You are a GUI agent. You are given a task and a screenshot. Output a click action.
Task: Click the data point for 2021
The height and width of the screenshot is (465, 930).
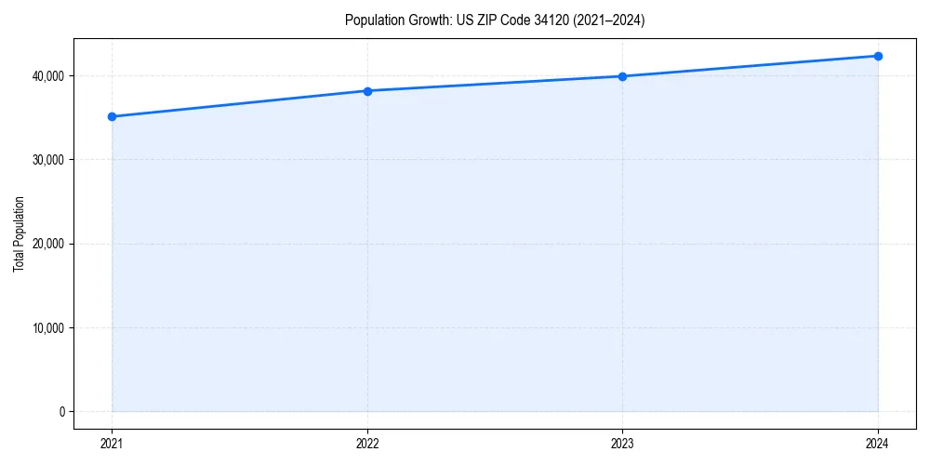[112, 116]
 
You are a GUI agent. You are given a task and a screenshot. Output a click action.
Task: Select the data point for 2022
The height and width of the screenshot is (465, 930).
[367, 91]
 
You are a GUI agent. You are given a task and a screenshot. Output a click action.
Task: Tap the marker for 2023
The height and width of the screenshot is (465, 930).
[622, 76]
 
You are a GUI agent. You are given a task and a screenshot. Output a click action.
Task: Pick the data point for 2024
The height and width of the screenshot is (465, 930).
[878, 56]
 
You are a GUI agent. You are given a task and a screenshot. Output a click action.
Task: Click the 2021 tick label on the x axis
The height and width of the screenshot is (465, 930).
[112, 444]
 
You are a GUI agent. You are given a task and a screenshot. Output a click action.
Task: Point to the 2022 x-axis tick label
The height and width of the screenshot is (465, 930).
[367, 444]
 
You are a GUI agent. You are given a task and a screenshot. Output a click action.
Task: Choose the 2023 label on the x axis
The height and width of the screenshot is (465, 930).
[622, 444]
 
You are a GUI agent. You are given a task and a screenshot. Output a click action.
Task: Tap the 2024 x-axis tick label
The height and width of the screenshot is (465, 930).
[878, 444]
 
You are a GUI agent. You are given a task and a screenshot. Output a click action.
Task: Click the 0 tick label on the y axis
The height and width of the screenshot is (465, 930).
[60, 412]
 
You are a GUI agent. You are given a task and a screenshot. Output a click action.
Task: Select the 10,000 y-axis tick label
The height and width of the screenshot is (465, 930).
[46, 328]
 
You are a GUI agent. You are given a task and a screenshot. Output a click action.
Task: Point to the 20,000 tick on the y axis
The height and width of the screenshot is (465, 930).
[46, 244]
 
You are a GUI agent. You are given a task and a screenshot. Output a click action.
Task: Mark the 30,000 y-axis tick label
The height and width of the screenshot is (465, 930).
[46, 160]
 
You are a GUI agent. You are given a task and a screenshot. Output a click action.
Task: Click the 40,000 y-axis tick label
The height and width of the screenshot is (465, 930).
[46, 75]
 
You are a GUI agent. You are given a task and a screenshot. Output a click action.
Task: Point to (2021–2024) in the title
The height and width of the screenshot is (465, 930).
[611, 20]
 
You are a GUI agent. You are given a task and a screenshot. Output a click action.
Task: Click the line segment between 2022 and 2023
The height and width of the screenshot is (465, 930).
[495, 84]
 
